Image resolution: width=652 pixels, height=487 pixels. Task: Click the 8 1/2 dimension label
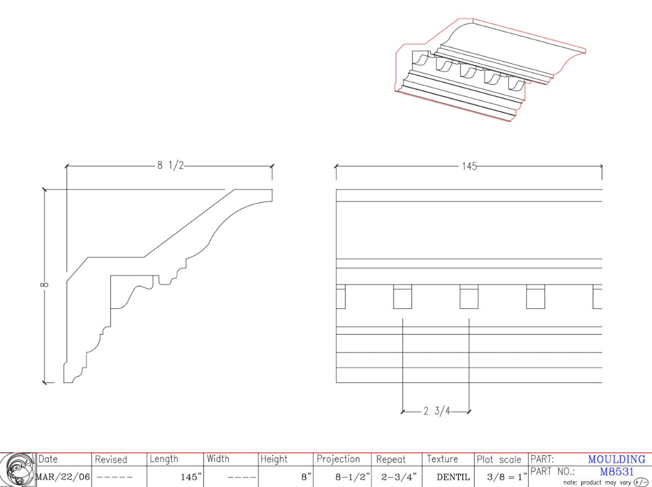[170, 165]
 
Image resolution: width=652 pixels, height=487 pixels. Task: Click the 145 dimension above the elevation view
[469, 166]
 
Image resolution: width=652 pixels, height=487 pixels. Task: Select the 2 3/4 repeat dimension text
[436, 412]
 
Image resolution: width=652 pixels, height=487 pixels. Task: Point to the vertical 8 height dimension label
[45, 285]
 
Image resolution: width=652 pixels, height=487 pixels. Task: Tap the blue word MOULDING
[616, 459]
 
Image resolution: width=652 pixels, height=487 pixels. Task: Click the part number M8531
[617, 472]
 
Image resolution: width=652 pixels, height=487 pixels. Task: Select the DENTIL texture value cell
[449, 477]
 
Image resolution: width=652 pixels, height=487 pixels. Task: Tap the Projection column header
[338, 459]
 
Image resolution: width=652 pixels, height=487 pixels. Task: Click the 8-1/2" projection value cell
[352, 477]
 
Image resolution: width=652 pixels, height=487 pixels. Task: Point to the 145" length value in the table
[190, 477]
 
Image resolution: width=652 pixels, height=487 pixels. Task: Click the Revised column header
[111, 459]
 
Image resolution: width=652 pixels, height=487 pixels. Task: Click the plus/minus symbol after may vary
[640, 482]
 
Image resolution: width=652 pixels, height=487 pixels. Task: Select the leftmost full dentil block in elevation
[402, 297]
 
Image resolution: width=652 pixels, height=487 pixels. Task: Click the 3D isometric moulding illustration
[490, 70]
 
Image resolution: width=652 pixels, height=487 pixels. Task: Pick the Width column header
[218, 459]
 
